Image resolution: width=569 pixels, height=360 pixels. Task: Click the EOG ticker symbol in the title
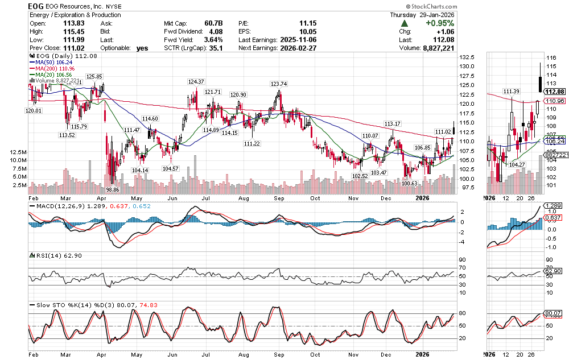(36, 6)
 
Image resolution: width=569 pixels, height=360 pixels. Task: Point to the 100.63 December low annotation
(409, 183)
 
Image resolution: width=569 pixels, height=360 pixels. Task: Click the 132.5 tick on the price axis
(468, 57)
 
